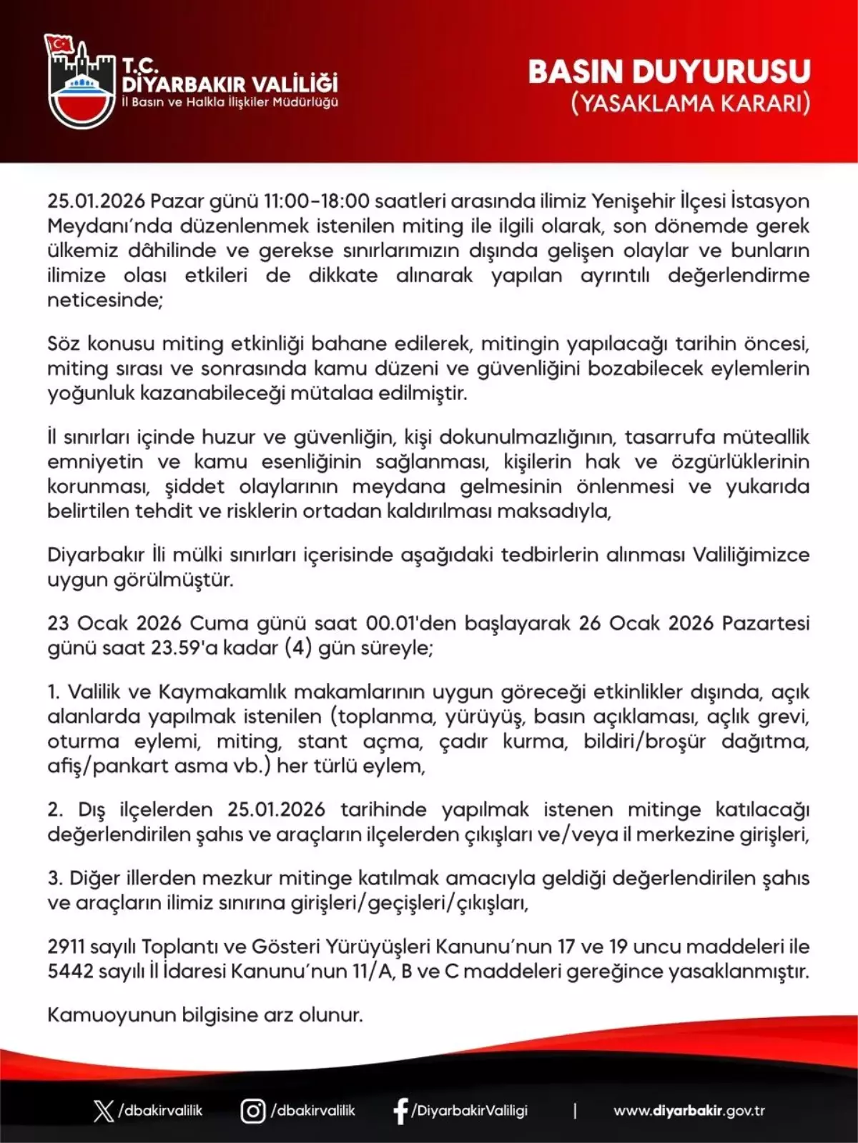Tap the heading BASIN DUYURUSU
[669, 71]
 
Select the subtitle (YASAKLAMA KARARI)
[691, 104]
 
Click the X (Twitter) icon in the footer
[104, 1111]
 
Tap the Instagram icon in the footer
[252, 1111]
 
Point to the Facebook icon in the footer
[400, 1111]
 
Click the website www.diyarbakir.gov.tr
[689, 1111]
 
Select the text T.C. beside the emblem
[140, 66]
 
